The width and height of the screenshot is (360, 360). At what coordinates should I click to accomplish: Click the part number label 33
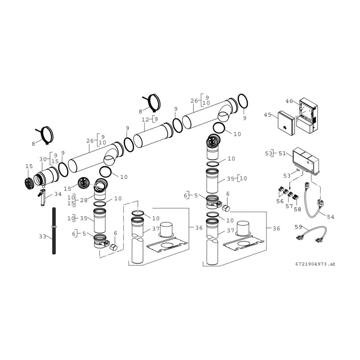(42, 236)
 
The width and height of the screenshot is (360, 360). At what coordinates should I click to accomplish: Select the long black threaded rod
(54, 230)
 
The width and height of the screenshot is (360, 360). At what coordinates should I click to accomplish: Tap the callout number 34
(58, 194)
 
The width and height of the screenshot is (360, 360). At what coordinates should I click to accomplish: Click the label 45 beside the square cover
(268, 115)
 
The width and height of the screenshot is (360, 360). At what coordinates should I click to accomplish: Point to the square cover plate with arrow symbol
(286, 123)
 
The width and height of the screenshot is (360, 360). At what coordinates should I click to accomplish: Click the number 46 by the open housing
(289, 101)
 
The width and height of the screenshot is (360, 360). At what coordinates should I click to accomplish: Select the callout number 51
(282, 153)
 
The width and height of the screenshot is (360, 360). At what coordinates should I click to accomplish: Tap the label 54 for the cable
(330, 217)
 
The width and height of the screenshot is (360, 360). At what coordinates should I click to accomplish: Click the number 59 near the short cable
(298, 227)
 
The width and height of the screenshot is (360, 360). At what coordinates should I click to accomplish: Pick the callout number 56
(280, 202)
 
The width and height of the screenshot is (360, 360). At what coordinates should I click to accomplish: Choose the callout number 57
(289, 206)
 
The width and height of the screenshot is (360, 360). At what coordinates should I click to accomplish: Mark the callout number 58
(298, 210)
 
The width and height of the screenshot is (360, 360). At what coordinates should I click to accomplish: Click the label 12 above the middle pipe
(145, 120)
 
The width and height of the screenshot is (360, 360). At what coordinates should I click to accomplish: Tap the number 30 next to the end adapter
(43, 159)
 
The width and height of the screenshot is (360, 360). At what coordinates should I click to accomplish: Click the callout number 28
(84, 200)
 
